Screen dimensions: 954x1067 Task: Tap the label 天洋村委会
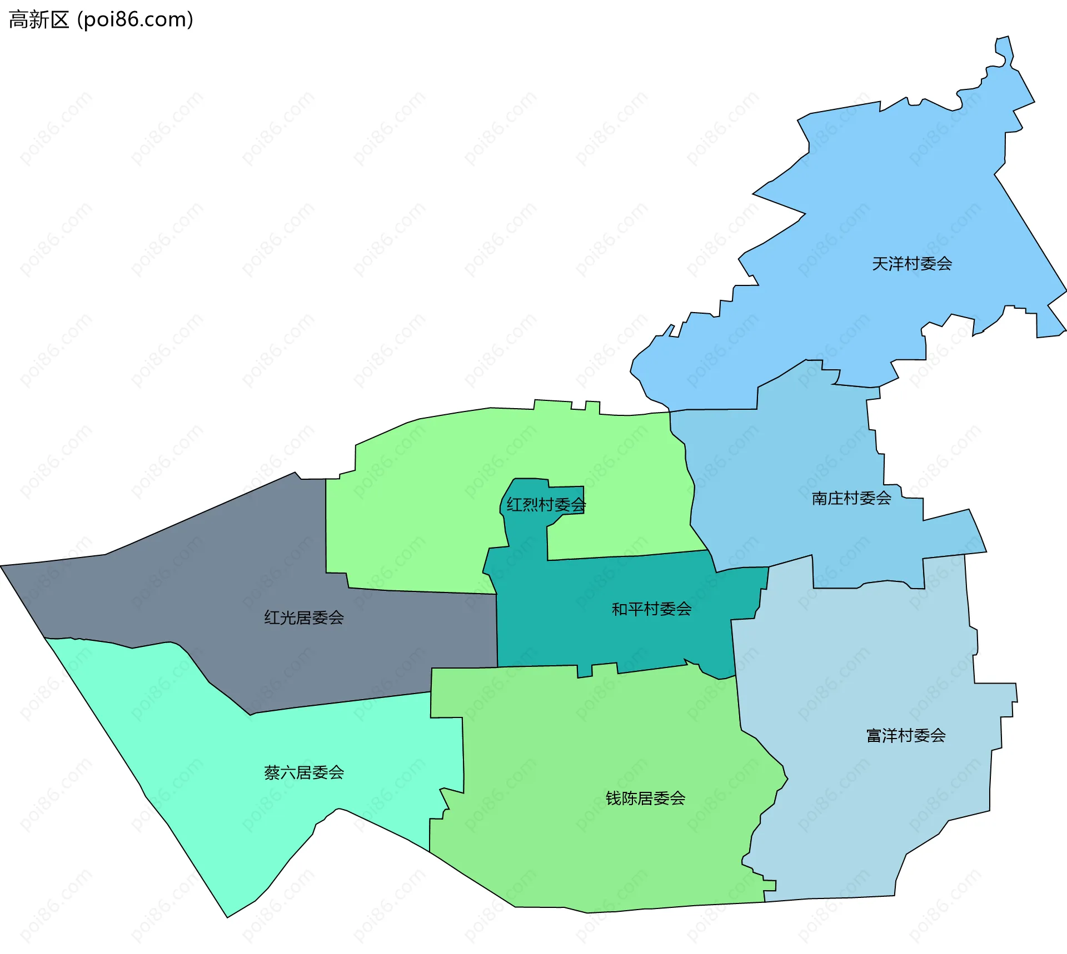pyautogui.click(x=911, y=264)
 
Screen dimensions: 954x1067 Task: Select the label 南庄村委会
pyautogui.click(x=851, y=499)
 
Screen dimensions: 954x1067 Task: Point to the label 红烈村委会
pyautogui.click(x=546, y=505)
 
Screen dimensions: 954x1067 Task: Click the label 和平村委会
pyautogui.click(x=651, y=610)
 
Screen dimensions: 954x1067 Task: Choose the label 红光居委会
pyautogui.click(x=304, y=617)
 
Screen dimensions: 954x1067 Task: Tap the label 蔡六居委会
pyautogui.click(x=304, y=772)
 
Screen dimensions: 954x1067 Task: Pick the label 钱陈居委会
pyautogui.click(x=645, y=799)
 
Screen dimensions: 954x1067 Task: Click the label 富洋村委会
pyautogui.click(x=906, y=736)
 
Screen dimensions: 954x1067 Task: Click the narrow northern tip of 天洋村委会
pyautogui.click(x=1004, y=44)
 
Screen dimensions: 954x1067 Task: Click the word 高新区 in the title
pyautogui.click(x=39, y=20)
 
